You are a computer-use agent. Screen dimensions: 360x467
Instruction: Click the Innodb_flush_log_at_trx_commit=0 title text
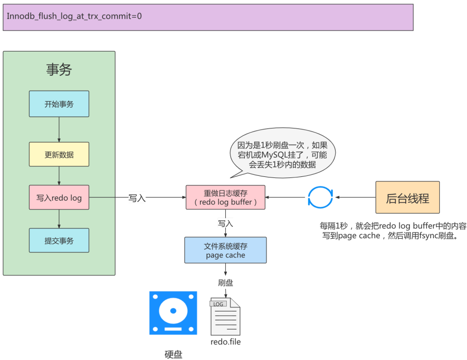click(x=74, y=16)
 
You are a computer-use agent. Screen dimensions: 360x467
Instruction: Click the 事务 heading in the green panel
click(x=59, y=70)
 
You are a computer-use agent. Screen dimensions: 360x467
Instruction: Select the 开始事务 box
click(x=59, y=104)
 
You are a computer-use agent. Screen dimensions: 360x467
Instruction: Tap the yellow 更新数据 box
click(x=59, y=154)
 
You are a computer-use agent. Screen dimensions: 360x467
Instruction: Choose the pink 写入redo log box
click(x=59, y=198)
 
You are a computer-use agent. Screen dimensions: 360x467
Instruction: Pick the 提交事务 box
click(x=59, y=240)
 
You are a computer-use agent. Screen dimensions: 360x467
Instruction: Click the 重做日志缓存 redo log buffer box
click(x=225, y=197)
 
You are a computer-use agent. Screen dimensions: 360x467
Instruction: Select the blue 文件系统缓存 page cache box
click(x=225, y=250)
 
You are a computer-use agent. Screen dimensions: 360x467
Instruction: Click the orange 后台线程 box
click(x=407, y=198)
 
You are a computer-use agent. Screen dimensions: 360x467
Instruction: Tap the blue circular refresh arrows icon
click(x=321, y=198)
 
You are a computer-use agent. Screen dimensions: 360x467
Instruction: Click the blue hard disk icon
click(x=173, y=313)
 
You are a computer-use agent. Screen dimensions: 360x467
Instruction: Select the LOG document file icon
click(x=225, y=316)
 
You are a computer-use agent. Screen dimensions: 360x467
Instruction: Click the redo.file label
click(x=225, y=341)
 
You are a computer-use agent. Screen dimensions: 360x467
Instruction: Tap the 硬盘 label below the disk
click(x=173, y=354)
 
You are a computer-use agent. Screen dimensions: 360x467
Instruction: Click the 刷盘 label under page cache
click(x=225, y=283)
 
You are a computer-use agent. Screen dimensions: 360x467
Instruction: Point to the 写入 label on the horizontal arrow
click(x=137, y=198)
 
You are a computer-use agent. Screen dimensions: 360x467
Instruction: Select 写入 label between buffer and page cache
click(x=225, y=223)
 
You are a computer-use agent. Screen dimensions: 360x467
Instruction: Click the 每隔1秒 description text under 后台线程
click(x=393, y=231)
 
